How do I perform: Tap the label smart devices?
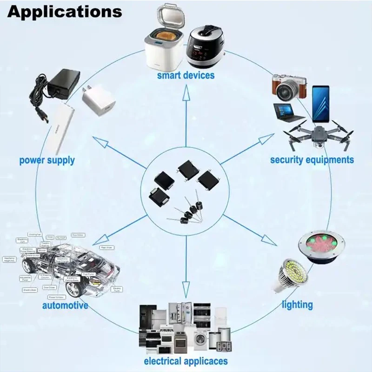(186, 75)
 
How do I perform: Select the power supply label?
(47, 160)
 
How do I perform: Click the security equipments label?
(312, 159)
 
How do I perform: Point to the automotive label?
(65, 306)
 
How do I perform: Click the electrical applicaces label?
(186, 361)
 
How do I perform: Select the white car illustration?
(70, 267)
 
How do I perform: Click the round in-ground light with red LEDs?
(324, 246)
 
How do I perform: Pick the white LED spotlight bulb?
(290, 275)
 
